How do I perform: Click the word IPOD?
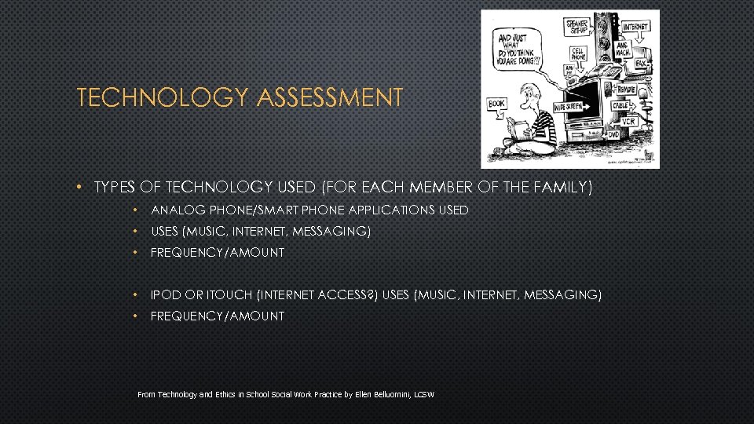point(166,295)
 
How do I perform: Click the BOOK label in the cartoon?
point(496,103)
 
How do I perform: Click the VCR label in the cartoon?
point(628,122)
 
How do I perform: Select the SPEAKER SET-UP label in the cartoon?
point(577,27)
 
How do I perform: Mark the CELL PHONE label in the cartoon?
point(579,53)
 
